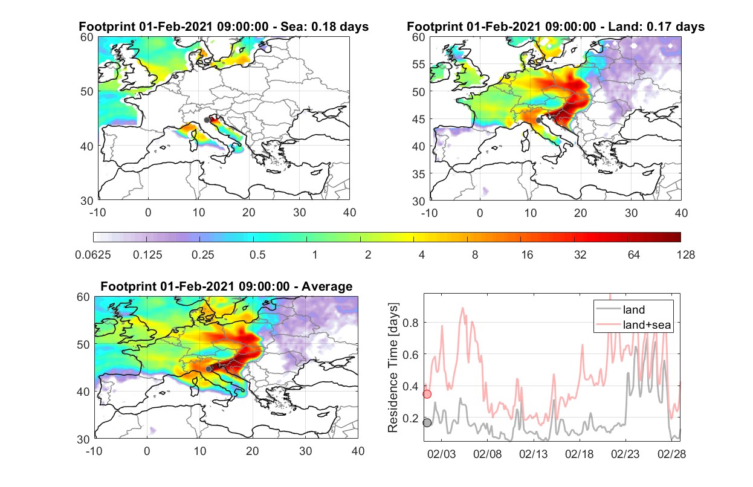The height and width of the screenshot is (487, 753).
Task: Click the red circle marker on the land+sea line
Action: [x=427, y=394]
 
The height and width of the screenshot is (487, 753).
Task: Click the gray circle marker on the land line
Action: [x=427, y=422]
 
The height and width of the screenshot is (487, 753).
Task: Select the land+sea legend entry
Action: [x=634, y=324]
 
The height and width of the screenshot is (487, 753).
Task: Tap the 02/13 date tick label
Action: [x=534, y=454]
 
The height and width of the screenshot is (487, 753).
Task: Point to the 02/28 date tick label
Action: [x=671, y=454]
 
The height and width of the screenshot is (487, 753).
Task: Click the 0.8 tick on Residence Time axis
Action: [x=410, y=323]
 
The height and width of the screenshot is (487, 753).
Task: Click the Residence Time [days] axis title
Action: [x=393, y=368]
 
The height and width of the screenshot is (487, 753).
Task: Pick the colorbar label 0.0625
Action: [x=93, y=255]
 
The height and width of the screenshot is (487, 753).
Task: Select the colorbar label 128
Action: [x=686, y=255]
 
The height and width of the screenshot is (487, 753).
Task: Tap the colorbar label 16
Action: [x=527, y=255]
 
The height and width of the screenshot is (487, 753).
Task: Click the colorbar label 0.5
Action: [x=257, y=255]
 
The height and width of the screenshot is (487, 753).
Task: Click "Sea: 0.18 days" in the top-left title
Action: [x=325, y=27]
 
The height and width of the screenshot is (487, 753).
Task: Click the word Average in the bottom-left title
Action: [x=327, y=286]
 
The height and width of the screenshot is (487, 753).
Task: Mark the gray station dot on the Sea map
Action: [x=207, y=120]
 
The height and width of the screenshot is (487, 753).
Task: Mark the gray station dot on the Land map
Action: [x=538, y=120]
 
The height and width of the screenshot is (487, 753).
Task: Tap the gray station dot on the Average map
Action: [x=208, y=369]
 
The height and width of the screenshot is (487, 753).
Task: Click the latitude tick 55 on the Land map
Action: [x=419, y=64]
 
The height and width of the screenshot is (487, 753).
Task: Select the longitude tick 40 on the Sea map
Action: [x=349, y=213]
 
